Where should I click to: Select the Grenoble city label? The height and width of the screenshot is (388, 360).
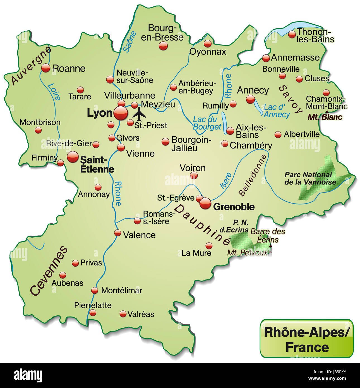click(234, 207)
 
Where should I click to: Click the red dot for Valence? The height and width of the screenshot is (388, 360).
click(117, 233)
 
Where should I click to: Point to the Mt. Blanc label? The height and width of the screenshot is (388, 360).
click(325, 117)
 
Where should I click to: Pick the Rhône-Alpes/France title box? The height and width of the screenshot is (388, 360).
click(307, 339)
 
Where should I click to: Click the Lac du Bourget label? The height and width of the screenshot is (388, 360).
click(207, 123)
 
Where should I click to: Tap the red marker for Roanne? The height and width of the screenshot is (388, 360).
click(45, 68)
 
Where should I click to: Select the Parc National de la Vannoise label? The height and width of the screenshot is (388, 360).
click(310, 178)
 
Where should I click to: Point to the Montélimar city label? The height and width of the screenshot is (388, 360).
click(122, 291)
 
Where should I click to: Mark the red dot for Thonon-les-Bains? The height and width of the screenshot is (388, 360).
click(292, 34)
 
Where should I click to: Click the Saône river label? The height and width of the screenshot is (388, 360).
click(129, 42)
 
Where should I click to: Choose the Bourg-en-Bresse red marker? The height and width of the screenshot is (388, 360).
click(163, 46)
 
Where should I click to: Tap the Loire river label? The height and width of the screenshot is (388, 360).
click(54, 92)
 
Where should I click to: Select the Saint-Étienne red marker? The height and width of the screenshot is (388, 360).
click(73, 157)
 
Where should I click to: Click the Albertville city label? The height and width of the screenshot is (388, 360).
click(302, 134)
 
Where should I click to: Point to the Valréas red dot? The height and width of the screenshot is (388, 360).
click(123, 314)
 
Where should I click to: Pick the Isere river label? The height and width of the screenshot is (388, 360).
click(226, 180)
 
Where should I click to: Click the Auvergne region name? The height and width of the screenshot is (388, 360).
click(31, 65)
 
